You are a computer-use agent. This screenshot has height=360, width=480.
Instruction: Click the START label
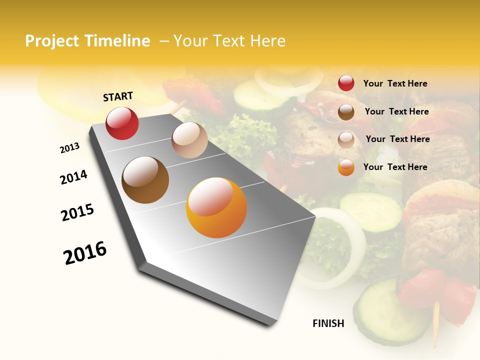point(118,96)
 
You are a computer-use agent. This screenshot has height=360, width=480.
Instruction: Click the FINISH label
point(328,323)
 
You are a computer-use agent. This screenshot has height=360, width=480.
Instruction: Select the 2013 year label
point(69,147)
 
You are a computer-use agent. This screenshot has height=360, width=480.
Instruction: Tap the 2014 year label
point(73,177)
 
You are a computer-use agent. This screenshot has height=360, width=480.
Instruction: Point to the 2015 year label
point(77,212)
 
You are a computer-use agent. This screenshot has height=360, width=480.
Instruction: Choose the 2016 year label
point(85,253)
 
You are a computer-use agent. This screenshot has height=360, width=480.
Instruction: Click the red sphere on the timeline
point(122,123)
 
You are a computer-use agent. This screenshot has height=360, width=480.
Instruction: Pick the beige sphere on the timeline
point(189,140)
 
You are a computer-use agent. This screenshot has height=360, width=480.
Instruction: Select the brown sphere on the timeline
point(145,180)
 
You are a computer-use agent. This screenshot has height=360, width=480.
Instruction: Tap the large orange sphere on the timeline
point(216,207)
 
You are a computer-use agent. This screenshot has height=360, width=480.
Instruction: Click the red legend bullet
point(346,83)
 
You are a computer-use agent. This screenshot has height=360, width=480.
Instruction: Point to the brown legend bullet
point(346,112)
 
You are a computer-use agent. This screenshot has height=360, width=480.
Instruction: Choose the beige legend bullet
point(346,140)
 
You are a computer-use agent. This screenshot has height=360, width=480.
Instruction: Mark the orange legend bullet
point(346,167)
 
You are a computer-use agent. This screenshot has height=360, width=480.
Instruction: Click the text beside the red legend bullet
point(395,83)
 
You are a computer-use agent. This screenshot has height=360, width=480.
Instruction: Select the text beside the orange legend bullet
point(395,167)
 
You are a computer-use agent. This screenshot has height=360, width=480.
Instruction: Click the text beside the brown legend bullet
point(396,111)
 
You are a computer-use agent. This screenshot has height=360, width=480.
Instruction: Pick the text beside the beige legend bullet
point(397,139)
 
